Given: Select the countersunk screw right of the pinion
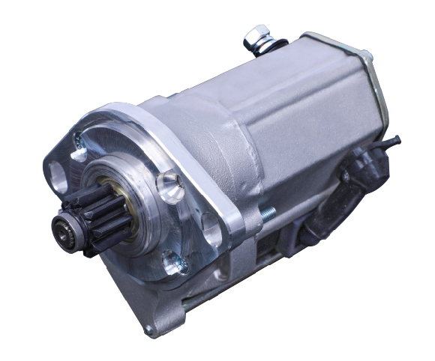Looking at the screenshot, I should pos(169,183).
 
